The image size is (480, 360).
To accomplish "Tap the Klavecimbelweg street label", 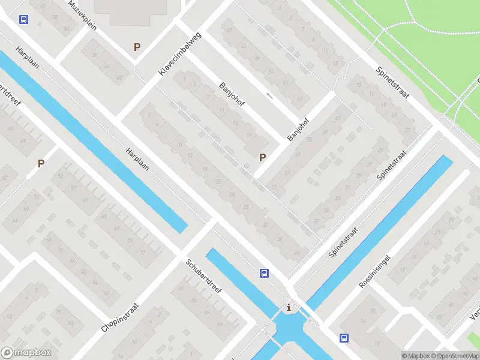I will click(x=181, y=53).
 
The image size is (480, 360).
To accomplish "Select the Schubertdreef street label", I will click(x=204, y=280).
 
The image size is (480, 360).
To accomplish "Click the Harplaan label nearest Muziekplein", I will click(x=28, y=57).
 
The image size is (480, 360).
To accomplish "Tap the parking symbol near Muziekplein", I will click(x=137, y=47).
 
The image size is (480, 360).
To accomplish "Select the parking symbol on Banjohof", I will click(x=262, y=158).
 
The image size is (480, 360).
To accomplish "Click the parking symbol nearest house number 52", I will click(x=41, y=163).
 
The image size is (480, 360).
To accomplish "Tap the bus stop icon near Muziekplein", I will click(x=23, y=20).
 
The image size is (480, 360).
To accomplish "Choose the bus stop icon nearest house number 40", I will click(x=264, y=274).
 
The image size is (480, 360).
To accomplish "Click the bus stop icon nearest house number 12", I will click(x=344, y=338).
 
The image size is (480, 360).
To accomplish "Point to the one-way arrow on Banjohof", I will click(x=269, y=95).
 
